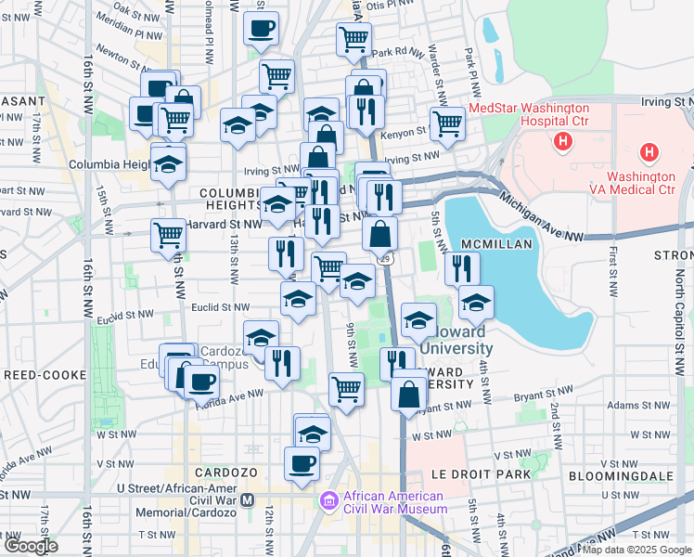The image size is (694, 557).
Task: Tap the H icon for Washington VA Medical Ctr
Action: point(649,152)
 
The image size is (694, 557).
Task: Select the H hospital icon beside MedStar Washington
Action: point(561,141)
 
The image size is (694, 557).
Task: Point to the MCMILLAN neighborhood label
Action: point(505,244)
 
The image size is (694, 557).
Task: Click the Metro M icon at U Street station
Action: point(248,499)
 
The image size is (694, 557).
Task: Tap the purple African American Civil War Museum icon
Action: point(328,501)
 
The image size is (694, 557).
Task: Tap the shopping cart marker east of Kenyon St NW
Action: point(447,123)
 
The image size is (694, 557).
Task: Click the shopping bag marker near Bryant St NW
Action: point(408,395)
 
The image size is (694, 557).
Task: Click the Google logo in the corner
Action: point(31,546)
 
